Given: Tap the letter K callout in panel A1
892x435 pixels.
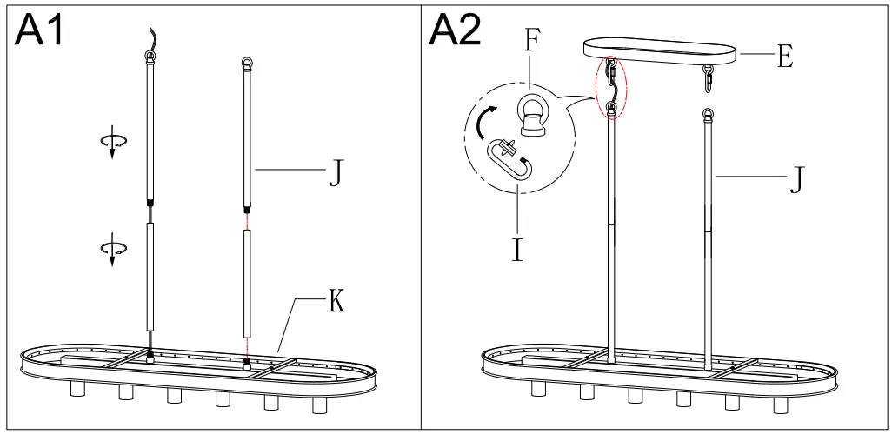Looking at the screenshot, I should pyautogui.click(x=337, y=303).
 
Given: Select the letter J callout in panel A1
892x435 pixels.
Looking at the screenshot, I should pyautogui.click(x=334, y=174).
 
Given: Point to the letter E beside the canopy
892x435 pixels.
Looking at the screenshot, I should pyautogui.click(x=785, y=57).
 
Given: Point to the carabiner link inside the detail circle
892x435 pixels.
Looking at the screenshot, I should pyautogui.click(x=509, y=160).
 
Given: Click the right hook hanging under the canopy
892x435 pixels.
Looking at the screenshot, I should pyautogui.click(x=709, y=79).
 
